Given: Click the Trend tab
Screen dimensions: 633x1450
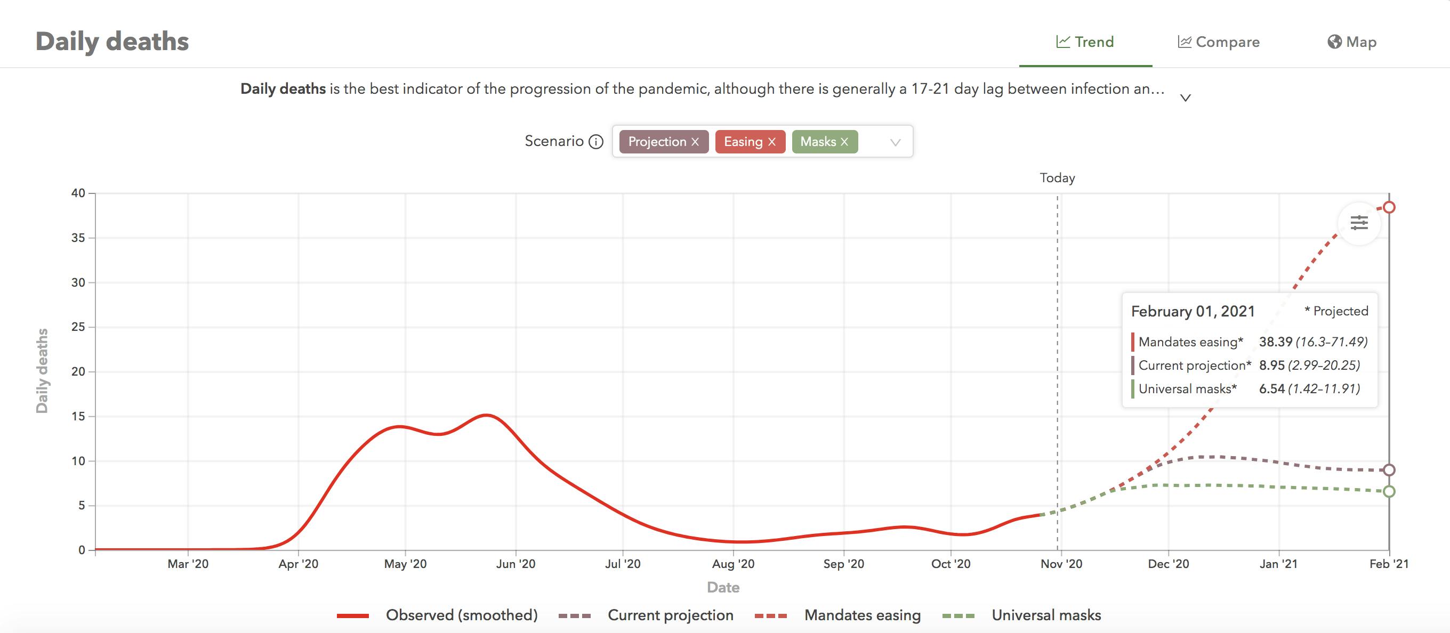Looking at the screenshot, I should point(1085,42).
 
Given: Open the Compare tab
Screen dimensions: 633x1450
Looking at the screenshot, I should point(1219,42).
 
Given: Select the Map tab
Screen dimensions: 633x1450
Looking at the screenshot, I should point(1352,42).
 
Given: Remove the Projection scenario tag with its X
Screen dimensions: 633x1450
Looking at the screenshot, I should point(695,142).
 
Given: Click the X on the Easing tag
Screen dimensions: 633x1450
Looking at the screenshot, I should point(772,142).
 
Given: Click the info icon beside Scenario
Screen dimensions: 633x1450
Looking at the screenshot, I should point(595,142).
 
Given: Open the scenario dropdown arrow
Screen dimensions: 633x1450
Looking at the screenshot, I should point(895,142).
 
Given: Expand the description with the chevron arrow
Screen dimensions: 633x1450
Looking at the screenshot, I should point(1186,98).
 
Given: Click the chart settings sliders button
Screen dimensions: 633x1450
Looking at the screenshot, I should point(1359,223).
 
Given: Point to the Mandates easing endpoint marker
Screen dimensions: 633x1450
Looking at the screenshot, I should point(1389,208).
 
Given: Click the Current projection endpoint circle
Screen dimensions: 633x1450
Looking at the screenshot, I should point(1389,470).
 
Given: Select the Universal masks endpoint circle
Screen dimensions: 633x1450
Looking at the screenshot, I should point(1389,491).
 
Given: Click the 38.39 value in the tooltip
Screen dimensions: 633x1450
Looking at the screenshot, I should point(1276,342).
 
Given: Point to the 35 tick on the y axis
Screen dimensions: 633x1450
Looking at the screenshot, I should point(78,238).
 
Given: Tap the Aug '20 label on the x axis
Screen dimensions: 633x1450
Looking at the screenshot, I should point(733,564).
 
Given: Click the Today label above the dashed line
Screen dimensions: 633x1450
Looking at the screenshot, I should point(1057,178).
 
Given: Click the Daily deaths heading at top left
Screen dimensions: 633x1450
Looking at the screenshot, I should point(112,42).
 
